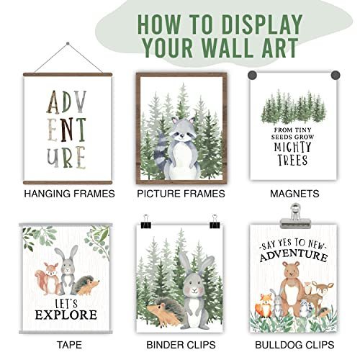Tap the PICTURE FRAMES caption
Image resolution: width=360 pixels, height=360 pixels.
click(181, 194)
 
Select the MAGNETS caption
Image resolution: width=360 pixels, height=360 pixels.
click(291, 194)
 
